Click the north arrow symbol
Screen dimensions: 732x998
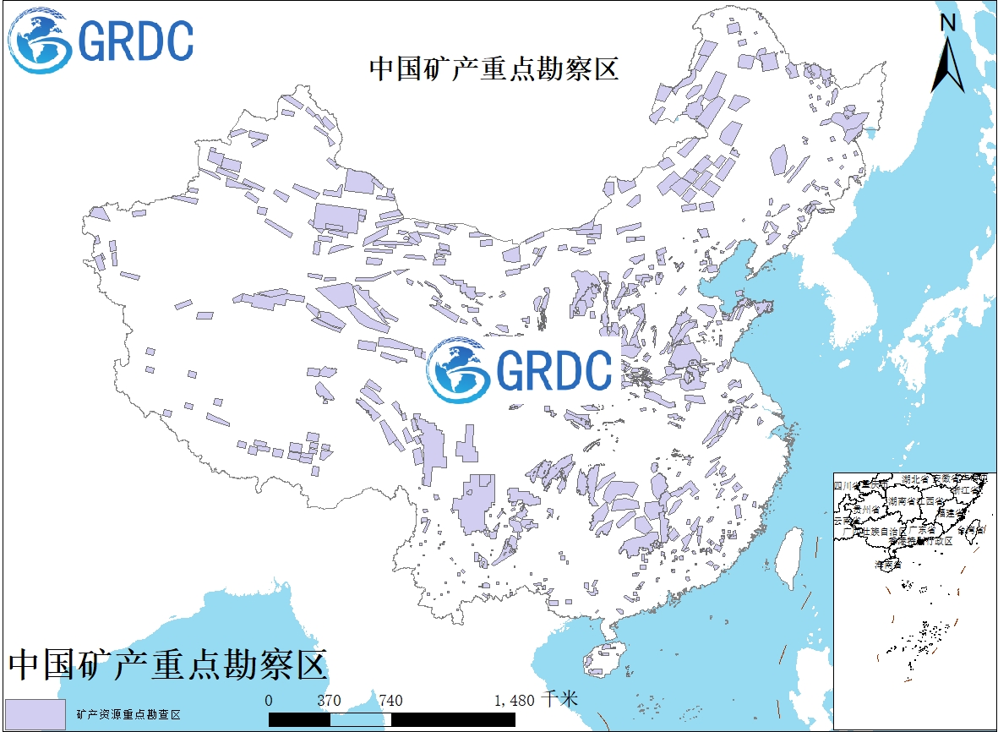[948, 63]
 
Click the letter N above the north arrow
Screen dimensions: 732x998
[948, 23]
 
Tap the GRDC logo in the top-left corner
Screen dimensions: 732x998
[101, 40]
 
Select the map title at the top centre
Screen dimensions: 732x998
[494, 68]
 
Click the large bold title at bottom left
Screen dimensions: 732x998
[167, 666]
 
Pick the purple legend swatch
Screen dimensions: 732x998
[35, 714]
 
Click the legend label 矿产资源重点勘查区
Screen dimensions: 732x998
[128, 715]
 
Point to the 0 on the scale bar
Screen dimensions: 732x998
[269, 701]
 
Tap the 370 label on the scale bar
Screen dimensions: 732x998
[329, 701]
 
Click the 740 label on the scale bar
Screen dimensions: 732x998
[390, 701]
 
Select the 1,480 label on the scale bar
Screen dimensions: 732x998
[515, 701]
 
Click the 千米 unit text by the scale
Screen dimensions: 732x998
[559, 700]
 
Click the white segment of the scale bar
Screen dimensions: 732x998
[360, 718]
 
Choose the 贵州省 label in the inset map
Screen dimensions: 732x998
[866, 510]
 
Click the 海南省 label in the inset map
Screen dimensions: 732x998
[886, 562]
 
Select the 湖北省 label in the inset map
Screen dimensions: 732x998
[917, 479]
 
